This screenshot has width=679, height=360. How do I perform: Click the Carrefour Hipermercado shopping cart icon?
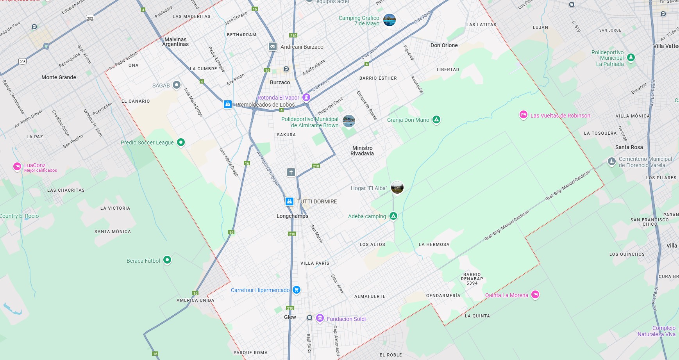[x=297, y=290]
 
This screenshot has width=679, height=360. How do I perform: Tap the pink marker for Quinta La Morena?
[x=535, y=294]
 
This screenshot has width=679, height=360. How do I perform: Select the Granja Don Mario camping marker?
[x=436, y=119]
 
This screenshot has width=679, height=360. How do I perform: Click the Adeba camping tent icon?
[x=393, y=216]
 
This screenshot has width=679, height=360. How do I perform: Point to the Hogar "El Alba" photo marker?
[x=397, y=187]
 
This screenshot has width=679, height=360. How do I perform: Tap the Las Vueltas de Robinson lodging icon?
[x=523, y=115]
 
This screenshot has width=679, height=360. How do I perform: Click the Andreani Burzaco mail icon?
[x=273, y=46]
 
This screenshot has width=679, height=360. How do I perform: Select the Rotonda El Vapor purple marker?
[x=306, y=97]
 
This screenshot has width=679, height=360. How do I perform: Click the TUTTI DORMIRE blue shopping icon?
[x=289, y=201]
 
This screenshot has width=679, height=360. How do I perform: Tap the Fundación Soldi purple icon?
[x=320, y=318]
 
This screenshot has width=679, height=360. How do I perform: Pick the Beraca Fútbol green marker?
[x=167, y=260]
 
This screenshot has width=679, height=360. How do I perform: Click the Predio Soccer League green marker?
[x=181, y=142]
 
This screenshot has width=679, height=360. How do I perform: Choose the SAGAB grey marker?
[x=177, y=85]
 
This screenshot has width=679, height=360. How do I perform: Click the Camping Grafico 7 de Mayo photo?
[x=390, y=20]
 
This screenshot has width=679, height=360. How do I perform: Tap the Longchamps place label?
[x=292, y=216]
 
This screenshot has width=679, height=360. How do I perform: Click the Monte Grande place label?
[x=59, y=77]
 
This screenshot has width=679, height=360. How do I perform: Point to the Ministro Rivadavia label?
[x=362, y=151]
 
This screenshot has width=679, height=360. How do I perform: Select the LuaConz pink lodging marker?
[x=17, y=166]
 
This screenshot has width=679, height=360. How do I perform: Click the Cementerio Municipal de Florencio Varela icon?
[x=611, y=161]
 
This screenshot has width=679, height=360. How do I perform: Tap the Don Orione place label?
[x=444, y=45]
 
